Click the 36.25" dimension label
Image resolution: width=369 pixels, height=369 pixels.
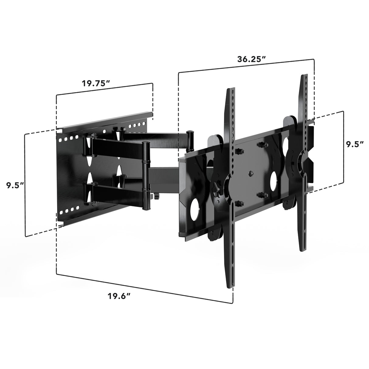[x=249, y=60]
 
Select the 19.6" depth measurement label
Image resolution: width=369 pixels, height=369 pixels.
[x=119, y=296]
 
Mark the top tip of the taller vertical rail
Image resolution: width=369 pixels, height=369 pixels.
[x=304, y=76]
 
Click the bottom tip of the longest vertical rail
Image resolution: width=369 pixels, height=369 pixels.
[x=232, y=286]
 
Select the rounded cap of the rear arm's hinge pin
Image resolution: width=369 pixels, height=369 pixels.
[x=191, y=133]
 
